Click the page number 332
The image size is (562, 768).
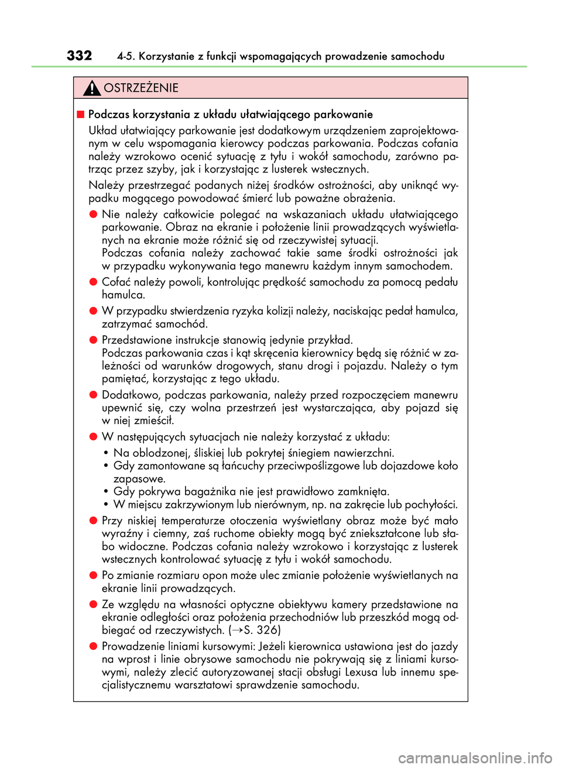(79, 56)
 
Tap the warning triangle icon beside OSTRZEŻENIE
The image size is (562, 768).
(92, 88)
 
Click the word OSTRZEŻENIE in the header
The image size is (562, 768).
(141, 88)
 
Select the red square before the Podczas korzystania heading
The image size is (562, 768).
(81, 114)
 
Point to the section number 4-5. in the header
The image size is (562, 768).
(126, 56)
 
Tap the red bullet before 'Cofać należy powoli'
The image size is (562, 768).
(93, 281)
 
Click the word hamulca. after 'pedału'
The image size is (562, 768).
(124, 295)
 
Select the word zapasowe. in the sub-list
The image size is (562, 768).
(139, 478)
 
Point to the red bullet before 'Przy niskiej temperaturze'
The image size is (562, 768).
(93, 520)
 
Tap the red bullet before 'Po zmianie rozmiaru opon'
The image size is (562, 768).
(93, 575)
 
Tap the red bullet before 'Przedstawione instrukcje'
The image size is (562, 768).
(93, 340)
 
